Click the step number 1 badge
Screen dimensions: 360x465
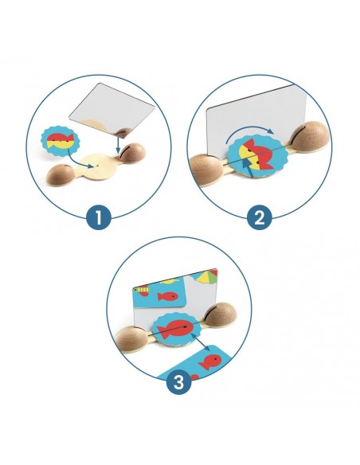99,217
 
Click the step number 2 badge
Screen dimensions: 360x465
260,217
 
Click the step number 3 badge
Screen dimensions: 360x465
178,382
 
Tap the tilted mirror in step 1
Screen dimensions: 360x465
112,108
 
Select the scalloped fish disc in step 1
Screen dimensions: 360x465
61,141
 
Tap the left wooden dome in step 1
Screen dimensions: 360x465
61,175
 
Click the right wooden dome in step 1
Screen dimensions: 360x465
132,152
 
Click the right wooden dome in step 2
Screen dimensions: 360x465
310,137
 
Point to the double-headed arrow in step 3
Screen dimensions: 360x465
201,342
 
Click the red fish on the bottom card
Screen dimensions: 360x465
210,362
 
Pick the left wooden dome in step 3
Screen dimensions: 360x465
131,339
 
